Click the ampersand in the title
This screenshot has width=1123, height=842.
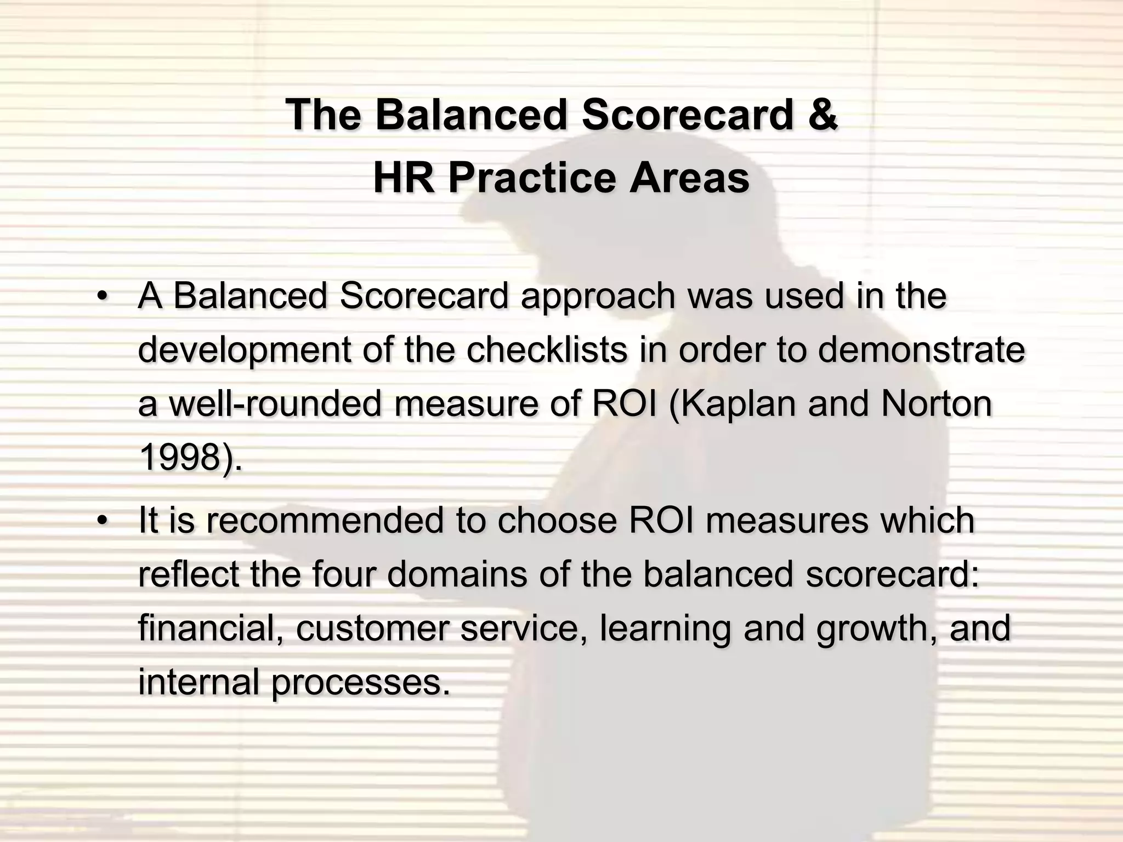822,115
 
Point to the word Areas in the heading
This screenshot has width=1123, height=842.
689,178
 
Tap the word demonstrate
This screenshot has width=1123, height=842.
921,350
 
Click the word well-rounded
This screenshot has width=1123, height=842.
274,404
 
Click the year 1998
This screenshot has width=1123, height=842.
181,458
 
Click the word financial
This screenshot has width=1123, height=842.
211,628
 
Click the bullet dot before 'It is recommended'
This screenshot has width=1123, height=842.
101,521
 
